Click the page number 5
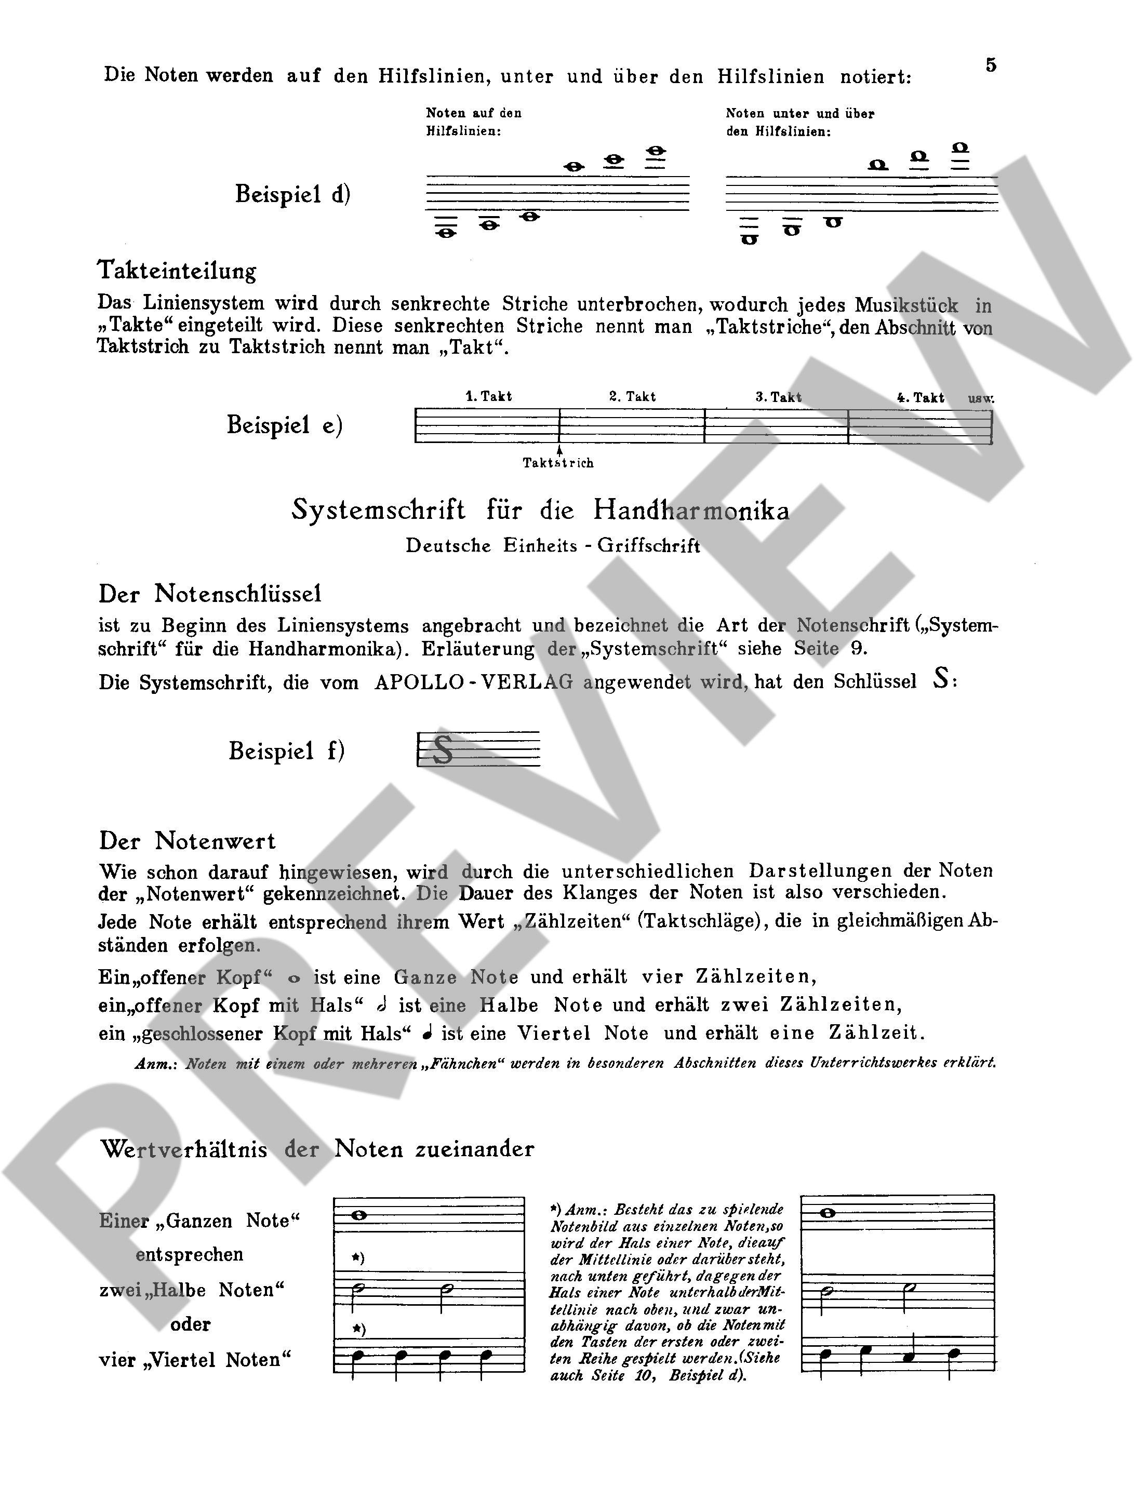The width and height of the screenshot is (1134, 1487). (x=990, y=65)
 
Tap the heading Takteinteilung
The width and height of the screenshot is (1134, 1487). (x=177, y=271)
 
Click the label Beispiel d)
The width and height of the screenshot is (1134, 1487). (x=292, y=194)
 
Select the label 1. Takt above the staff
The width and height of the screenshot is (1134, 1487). (x=489, y=396)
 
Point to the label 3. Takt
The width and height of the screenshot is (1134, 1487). (x=778, y=397)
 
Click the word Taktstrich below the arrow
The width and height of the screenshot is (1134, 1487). (x=558, y=463)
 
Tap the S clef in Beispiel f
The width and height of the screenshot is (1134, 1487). (x=442, y=749)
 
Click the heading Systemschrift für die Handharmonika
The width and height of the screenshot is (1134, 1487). (x=540, y=510)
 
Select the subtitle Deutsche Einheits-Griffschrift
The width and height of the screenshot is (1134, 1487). (x=553, y=545)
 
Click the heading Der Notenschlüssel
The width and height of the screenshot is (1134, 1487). (x=210, y=594)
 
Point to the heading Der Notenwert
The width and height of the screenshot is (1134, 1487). (x=187, y=841)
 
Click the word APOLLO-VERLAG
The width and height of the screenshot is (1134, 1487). (x=473, y=682)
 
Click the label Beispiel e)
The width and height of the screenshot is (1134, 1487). (x=284, y=425)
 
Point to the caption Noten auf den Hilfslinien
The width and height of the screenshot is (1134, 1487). (x=473, y=122)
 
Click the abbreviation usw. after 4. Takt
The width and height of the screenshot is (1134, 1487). (x=981, y=398)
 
